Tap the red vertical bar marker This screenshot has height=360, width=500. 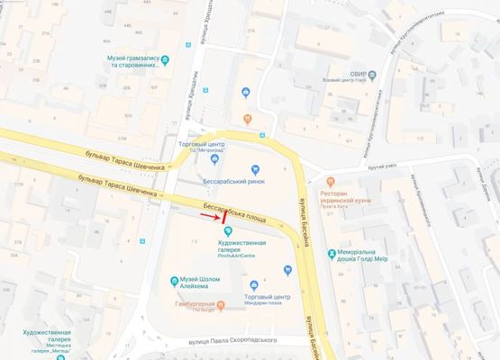pyautogui.click(x=223, y=218)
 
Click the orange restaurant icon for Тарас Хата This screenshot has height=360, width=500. pyautogui.click(x=331, y=181)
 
